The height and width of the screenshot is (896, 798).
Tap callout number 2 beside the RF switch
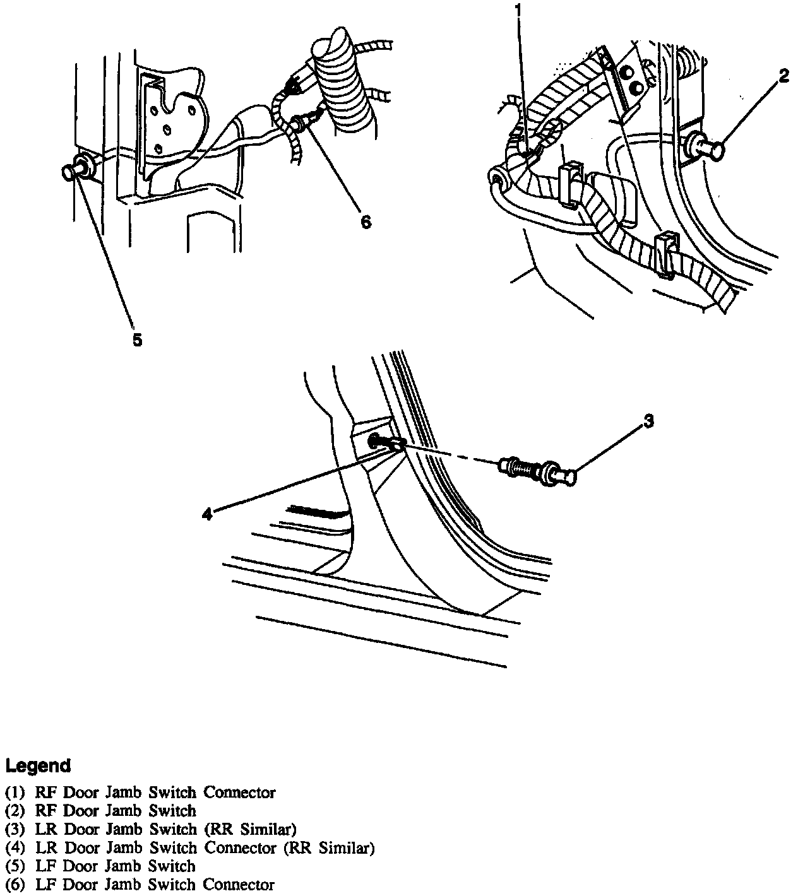pyautogui.click(x=783, y=76)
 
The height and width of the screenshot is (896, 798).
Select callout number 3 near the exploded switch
pyautogui.click(x=648, y=421)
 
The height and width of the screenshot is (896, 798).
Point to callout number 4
pyautogui.click(x=206, y=515)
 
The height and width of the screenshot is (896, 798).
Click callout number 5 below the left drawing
pyautogui.click(x=137, y=340)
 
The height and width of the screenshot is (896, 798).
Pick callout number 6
pyautogui.click(x=366, y=222)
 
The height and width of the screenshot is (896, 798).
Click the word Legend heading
pyautogui.click(x=38, y=766)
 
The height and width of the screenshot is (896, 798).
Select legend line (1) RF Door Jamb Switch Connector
pyautogui.click(x=140, y=792)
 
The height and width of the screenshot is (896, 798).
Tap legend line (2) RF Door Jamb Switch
pyautogui.click(x=100, y=810)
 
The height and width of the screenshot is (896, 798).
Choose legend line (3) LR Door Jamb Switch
pyautogui.click(x=150, y=828)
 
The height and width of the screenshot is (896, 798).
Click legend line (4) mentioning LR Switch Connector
pyautogui.click(x=189, y=847)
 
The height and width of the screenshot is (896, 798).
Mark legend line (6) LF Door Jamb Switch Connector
pyautogui.click(x=140, y=885)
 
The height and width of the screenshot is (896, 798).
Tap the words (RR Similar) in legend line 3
pyautogui.click(x=260, y=828)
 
